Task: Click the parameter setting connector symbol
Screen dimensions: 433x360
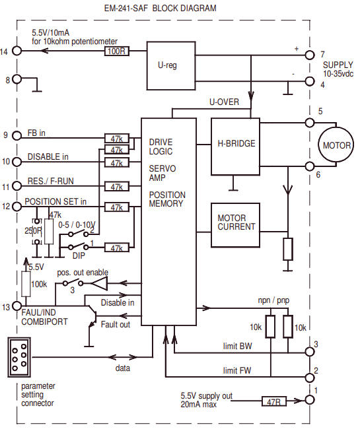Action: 21,357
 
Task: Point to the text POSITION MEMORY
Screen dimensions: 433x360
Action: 167,199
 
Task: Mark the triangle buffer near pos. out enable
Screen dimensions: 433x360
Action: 99,284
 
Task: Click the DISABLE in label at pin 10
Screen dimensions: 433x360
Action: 49,158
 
